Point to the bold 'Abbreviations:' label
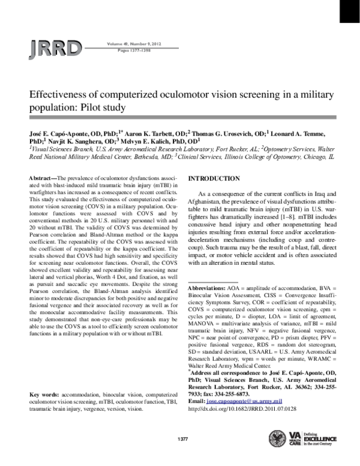tap(207, 289)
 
